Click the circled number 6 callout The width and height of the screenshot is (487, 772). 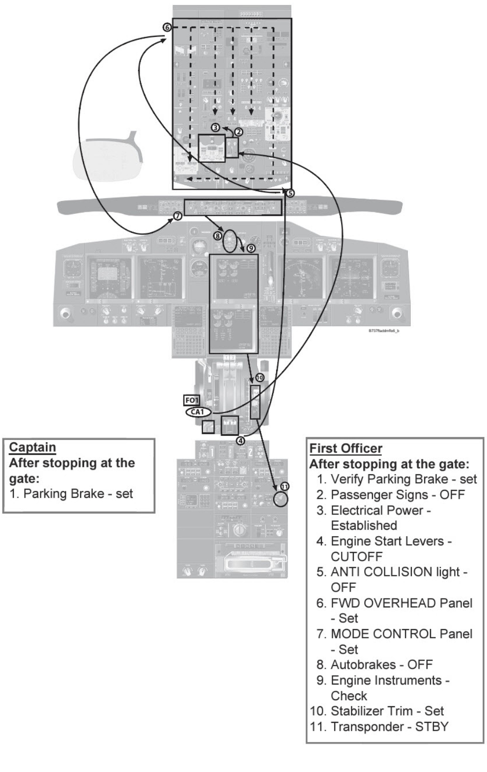[x=167, y=27]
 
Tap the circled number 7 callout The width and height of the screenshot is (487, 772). [x=178, y=216]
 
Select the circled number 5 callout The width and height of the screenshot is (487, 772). [x=290, y=193]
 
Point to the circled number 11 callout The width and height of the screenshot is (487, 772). [x=285, y=486]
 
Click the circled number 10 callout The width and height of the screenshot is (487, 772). [x=259, y=377]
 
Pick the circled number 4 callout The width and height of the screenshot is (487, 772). [x=240, y=441]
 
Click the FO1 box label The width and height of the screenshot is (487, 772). [x=192, y=400]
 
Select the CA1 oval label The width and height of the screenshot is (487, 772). [x=198, y=412]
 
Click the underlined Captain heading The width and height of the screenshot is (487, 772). [x=32, y=447]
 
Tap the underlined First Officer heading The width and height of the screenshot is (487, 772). [x=345, y=448]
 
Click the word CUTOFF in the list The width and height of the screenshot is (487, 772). [x=356, y=556]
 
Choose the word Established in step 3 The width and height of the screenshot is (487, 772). [x=364, y=525]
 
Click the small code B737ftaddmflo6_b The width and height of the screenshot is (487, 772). [x=384, y=331]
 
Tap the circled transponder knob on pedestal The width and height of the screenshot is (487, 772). [x=280, y=499]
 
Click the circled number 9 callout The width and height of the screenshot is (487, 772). [x=251, y=248]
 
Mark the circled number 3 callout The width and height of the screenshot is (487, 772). [x=215, y=127]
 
